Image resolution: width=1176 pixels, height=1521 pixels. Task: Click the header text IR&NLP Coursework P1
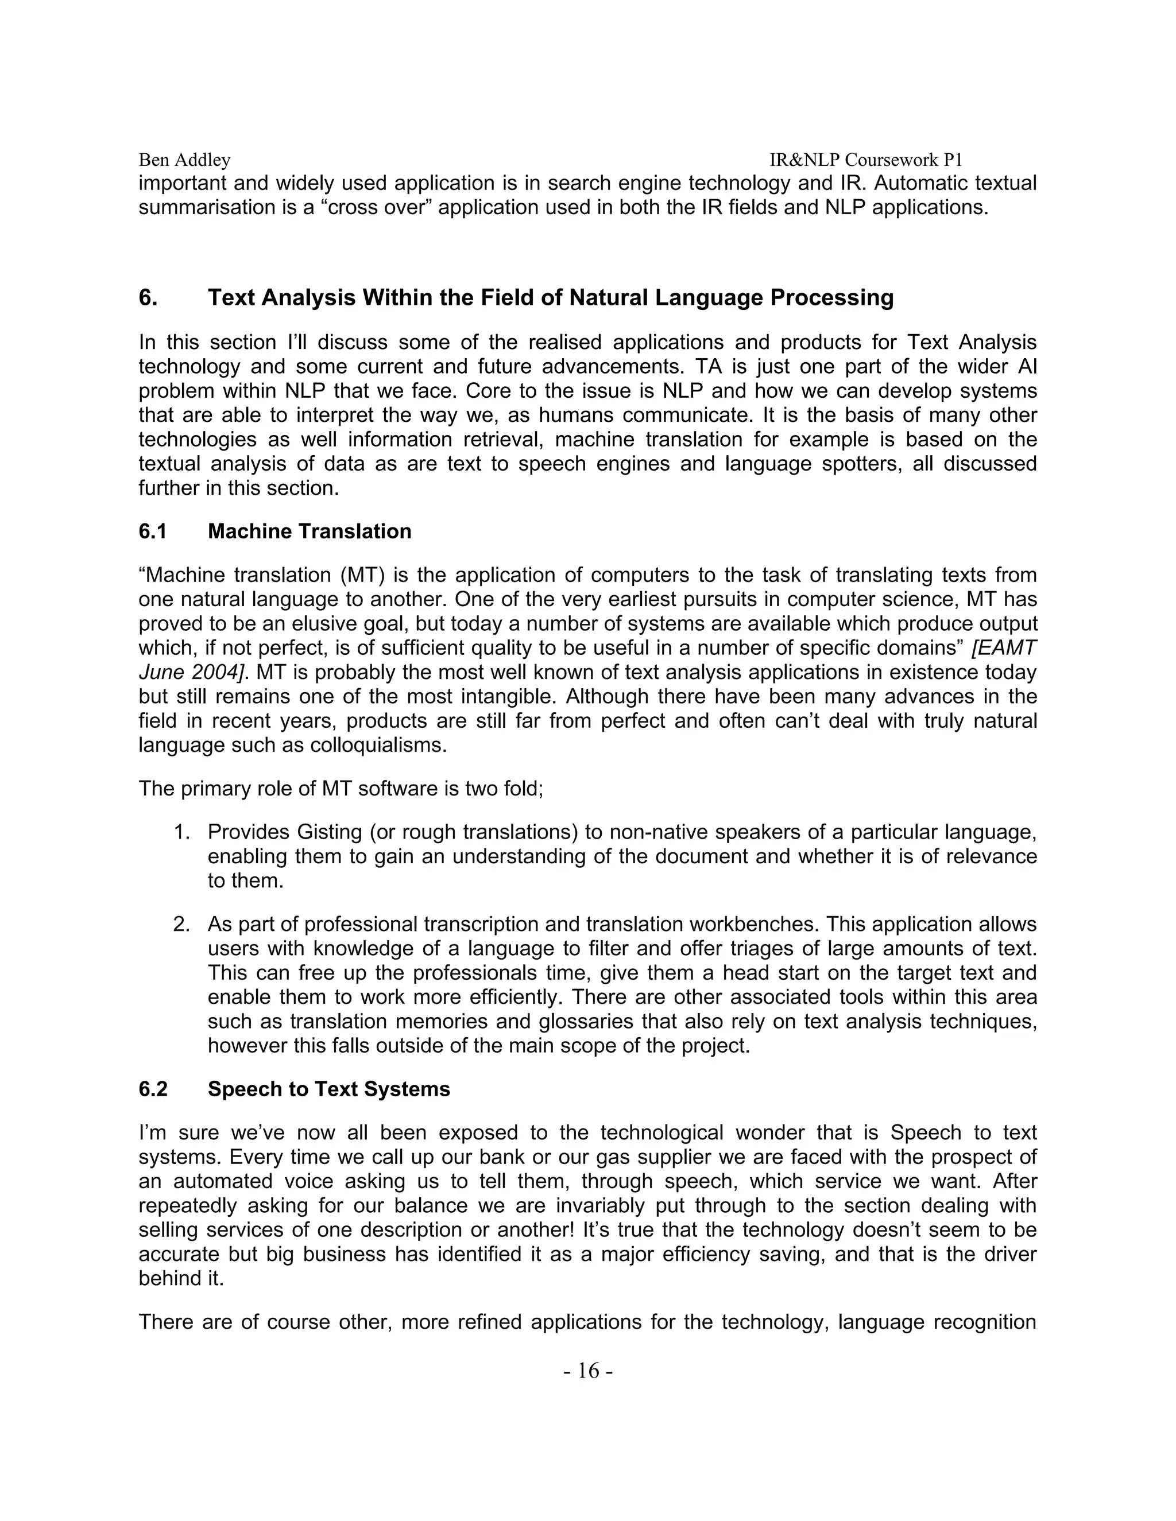tap(865, 160)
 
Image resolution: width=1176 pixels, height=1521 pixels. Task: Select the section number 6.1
tap(153, 531)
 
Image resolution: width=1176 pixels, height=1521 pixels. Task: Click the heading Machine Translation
tap(310, 531)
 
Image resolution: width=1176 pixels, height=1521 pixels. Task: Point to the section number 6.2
tap(153, 1089)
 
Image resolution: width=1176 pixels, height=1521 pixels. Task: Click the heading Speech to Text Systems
tap(329, 1089)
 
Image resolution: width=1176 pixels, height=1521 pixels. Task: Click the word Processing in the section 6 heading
tap(831, 298)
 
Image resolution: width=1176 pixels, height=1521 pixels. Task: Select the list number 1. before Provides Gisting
tap(182, 832)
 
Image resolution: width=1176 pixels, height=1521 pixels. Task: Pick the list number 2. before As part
tap(182, 924)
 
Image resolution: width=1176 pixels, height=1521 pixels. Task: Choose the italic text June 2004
tap(192, 673)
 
